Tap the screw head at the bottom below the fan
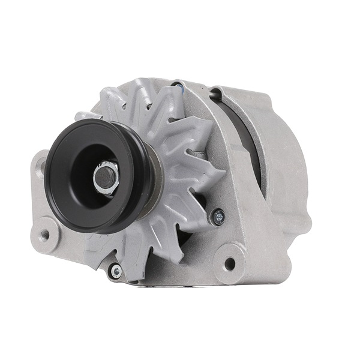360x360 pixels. [x=116, y=272]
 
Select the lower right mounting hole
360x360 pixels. [x=229, y=263]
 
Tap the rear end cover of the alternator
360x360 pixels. [x=282, y=156]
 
